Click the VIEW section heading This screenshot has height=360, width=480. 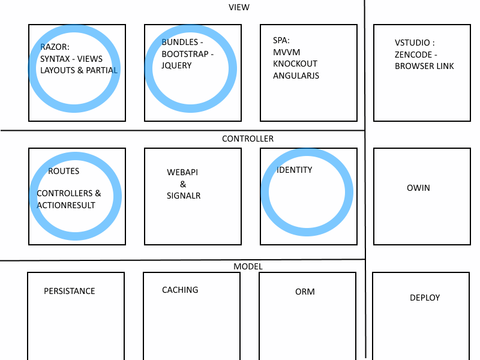[x=239, y=7]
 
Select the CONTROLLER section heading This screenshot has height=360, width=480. [x=247, y=139]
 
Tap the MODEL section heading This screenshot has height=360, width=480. [x=248, y=266]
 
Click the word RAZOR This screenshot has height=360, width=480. [x=55, y=47]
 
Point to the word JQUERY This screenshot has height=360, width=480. [x=176, y=65]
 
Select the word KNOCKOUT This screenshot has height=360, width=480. [x=295, y=64]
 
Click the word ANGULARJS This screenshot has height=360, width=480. [x=296, y=76]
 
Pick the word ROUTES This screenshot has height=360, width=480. [x=64, y=171]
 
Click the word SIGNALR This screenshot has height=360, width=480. [x=184, y=196]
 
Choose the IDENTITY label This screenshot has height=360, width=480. [x=294, y=170]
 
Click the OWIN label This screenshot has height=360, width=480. [x=418, y=188]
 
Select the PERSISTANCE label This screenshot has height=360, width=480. [x=69, y=291]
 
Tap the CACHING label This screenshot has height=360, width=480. [x=180, y=290]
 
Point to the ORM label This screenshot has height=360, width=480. [x=305, y=292]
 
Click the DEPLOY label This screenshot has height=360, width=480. [x=425, y=298]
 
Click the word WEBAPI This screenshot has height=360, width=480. [x=182, y=172]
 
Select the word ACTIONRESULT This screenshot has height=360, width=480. [x=65, y=205]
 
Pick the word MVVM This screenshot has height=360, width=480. [x=286, y=52]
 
